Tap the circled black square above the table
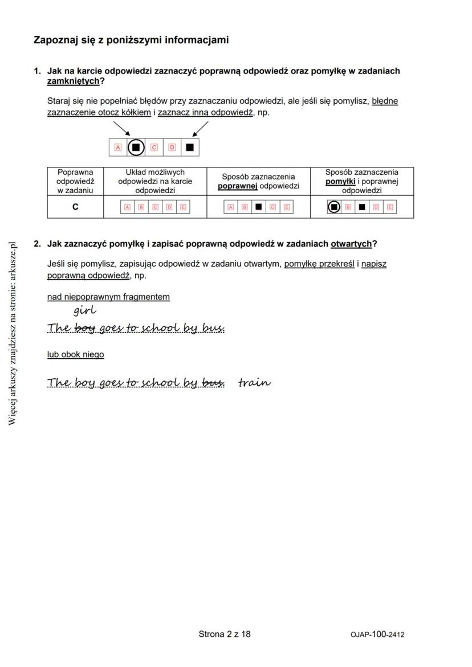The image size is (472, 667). point(136,147)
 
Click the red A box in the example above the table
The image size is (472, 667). point(118,147)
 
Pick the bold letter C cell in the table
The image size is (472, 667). point(75,207)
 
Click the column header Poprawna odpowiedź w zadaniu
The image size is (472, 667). point(75,181)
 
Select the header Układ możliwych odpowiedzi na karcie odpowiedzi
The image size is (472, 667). point(154,181)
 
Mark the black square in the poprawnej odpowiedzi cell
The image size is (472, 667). point(258,207)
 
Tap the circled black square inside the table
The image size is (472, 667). point(334,207)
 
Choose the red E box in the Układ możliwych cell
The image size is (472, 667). point(182,207)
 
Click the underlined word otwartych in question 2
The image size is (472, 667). point(351,244)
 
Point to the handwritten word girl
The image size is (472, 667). point(84,311)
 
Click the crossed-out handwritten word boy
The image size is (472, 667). point(84,328)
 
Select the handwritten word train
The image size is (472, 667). point(254,382)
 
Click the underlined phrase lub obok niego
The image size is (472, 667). point(75,354)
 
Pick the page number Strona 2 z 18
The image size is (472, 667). point(224,634)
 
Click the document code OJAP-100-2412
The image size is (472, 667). point(377,635)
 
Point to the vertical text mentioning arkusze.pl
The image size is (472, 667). point(13,333)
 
